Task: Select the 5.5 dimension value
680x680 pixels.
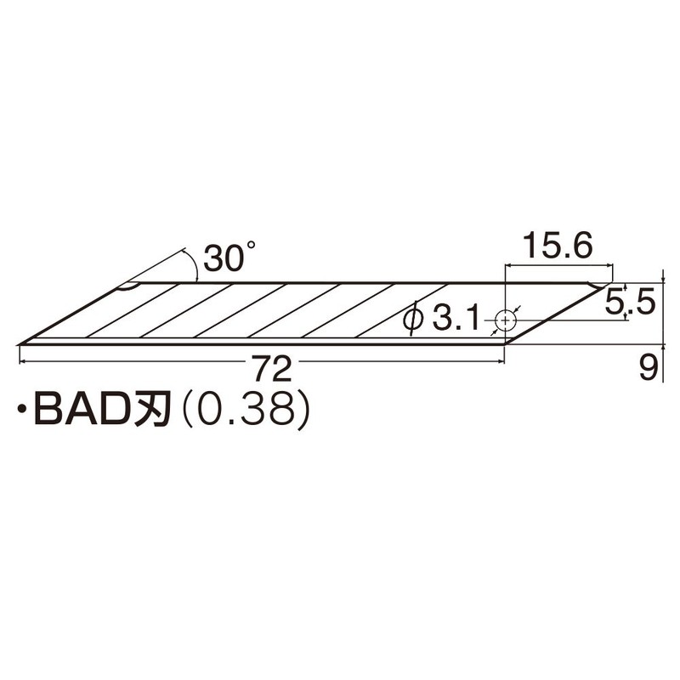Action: (x=629, y=302)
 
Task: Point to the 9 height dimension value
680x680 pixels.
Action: (x=649, y=367)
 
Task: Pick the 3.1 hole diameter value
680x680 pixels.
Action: (x=456, y=320)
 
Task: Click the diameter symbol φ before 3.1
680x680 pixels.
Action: (x=414, y=320)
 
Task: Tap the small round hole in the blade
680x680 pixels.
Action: (x=507, y=320)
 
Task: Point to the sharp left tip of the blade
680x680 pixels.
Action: (x=20, y=343)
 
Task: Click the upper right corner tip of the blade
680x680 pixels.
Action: (x=612, y=283)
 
